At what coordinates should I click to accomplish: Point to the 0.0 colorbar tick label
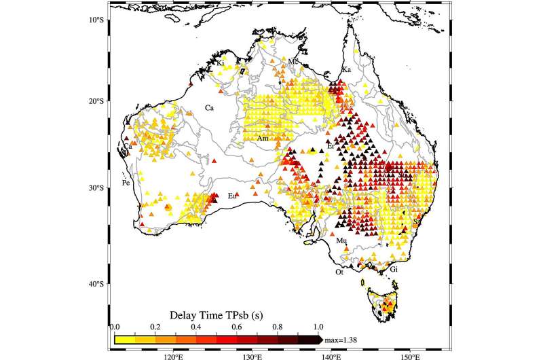tap(115, 327)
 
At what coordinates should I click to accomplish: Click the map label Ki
tap(221, 63)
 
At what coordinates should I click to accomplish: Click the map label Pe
tap(126, 183)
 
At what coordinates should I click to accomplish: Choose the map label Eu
tap(232, 196)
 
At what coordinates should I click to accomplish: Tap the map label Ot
tap(339, 272)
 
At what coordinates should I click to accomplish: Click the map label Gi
tap(393, 270)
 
